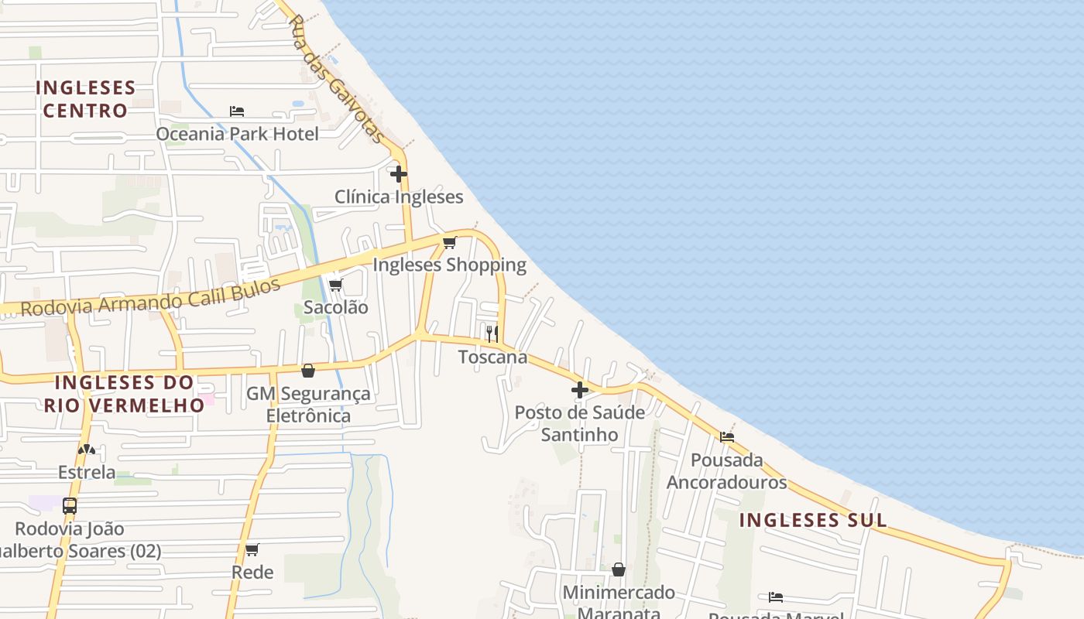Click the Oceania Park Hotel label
(237, 134)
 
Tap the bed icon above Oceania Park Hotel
(237, 111)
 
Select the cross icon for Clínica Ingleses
(399, 174)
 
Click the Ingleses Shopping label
(449, 265)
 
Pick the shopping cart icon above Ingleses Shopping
(450, 242)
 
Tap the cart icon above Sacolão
(336, 285)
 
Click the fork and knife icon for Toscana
(492, 334)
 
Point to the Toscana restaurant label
(492, 357)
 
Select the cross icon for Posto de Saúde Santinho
(580, 390)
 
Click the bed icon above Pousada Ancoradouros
(727, 437)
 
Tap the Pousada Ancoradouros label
(726, 471)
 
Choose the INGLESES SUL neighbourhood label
(813, 520)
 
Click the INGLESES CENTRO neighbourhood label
(85, 99)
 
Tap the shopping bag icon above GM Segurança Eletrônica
(308, 371)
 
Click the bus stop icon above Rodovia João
(70, 506)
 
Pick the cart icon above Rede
(252, 550)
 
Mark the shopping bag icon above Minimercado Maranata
(619, 569)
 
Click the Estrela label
(87, 472)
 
